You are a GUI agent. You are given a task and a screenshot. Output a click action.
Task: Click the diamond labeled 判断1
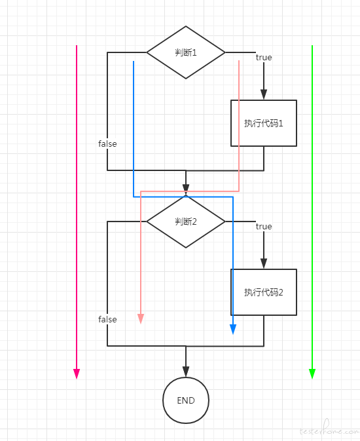click(x=186, y=52)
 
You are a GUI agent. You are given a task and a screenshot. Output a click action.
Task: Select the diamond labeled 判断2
click(x=186, y=221)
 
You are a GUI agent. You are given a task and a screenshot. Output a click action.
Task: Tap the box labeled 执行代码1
click(x=264, y=123)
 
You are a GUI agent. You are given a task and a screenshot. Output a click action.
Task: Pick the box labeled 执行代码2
click(x=264, y=292)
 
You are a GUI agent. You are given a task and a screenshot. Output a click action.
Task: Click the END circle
click(x=186, y=400)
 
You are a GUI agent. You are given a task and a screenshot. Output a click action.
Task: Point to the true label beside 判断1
click(x=264, y=58)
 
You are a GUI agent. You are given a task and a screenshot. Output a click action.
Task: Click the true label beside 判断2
click(x=264, y=227)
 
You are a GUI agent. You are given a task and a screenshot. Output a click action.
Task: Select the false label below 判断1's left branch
click(x=107, y=144)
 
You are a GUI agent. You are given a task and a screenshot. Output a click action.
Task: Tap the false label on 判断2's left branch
click(x=107, y=319)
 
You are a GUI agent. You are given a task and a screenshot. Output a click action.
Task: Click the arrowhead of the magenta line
click(x=77, y=374)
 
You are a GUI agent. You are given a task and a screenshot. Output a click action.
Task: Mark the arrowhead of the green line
click(x=312, y=374)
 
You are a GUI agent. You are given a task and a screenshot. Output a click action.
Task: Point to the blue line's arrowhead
click(x=233, y=330)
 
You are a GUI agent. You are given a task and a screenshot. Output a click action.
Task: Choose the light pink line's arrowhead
click(x=141, y=319)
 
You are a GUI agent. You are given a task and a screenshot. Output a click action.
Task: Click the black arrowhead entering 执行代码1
click(x=264, y=94)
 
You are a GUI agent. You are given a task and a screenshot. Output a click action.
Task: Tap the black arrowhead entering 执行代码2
click(x=264, y=263)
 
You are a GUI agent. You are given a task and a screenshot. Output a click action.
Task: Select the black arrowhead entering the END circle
click(x=186, y=372)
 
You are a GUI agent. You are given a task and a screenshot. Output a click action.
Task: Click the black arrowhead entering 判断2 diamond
click(x=186, y=189)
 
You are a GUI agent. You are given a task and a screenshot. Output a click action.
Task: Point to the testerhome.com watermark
click(x=329, y=429)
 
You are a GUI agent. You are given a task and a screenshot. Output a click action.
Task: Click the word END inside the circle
click(x=186, y=400)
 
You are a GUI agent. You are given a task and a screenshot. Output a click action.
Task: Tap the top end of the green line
click(x=312, y=45)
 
